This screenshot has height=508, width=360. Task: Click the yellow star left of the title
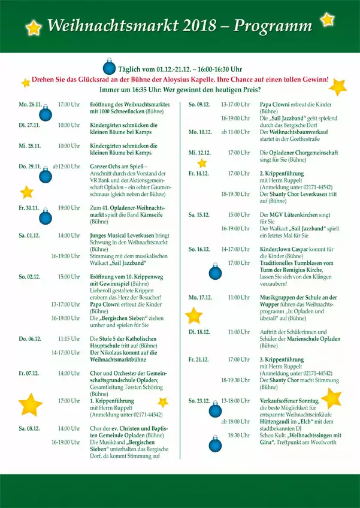pyautogui.click(x=34, y=27)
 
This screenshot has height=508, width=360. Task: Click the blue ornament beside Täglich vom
pyautogui.click(x=109, y=66)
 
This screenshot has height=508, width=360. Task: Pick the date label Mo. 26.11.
pyautogui.click(x=30, y=104)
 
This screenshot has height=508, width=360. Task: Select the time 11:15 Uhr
pyautogui.click(x=69, y=338)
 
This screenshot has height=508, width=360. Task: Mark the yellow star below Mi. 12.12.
pyautogui.click(x=202, y=163)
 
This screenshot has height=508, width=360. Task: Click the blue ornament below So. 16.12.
pyautogui.click(x=215, y=273)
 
